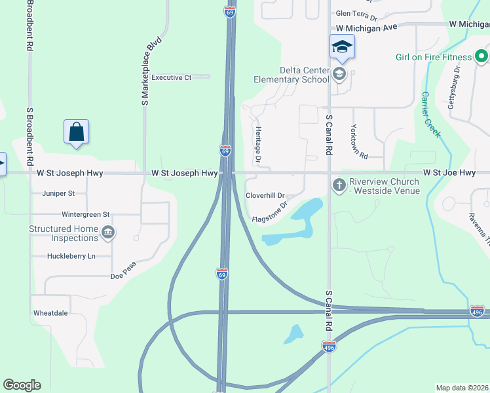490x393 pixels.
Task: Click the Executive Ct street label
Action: click(171, 77)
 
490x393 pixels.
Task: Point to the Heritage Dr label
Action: click(258, 145)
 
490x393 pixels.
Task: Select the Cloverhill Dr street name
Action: click(265, 195)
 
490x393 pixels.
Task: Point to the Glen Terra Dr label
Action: click(356, 13)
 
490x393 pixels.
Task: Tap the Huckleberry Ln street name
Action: click(71, 255)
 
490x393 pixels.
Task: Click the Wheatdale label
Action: click(50, 313)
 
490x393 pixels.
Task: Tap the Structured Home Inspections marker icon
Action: click(109, 231)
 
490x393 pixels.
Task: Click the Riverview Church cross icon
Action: click(339, 185)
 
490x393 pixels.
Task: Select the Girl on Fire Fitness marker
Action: click(481, 56)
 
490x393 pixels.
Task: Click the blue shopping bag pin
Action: click(77, 132)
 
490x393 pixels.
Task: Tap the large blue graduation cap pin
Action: click(341, 47)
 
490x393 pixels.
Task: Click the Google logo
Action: click(22, 385)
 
